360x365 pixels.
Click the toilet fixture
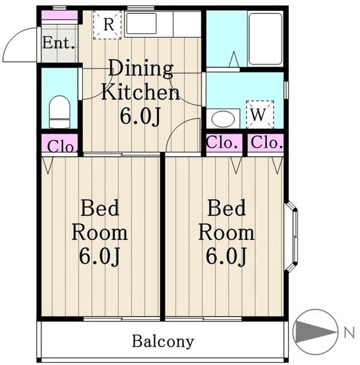59,111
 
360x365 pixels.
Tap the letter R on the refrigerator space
109,24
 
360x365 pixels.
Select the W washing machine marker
259,114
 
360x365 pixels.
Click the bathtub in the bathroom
265,39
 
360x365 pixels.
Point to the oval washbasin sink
223,119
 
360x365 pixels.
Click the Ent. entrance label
59,43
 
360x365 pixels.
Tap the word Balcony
163,341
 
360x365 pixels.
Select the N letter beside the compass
350,332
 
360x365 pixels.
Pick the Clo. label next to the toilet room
62,146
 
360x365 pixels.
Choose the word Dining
141,68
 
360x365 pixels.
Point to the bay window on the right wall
291,237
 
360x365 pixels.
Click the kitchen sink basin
141,23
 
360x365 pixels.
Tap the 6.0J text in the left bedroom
100,256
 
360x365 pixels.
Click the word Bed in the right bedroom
226,208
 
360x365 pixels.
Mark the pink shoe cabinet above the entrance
59,15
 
